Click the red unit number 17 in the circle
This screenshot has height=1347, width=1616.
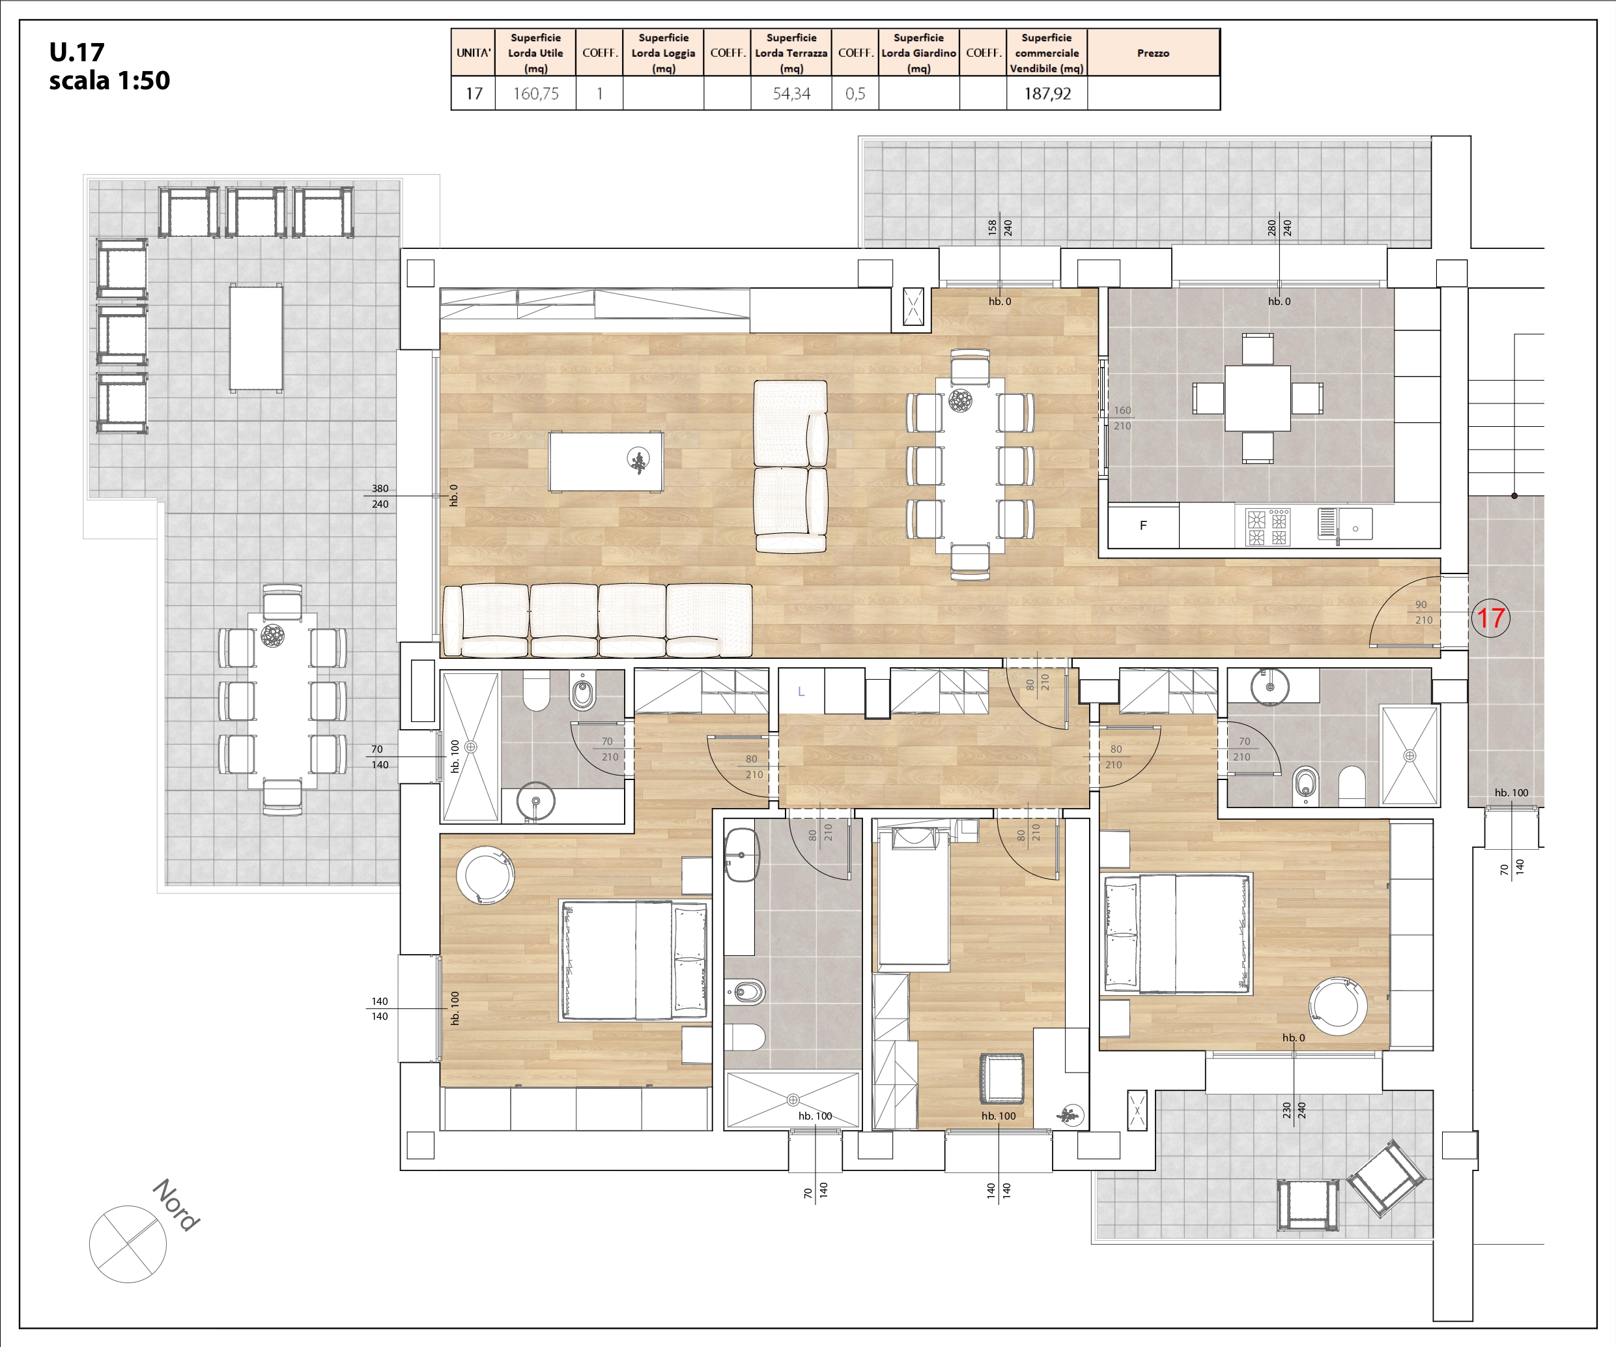(x=1490, y=618)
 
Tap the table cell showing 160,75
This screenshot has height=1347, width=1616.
(x=535, y=93)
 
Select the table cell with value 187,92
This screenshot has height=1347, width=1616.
(x=1047, y=93)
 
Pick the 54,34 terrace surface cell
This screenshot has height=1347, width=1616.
(x=791, y=93)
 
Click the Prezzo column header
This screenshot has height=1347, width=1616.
(x=1153, y=53)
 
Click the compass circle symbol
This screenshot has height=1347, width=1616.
(x=128, y=1244)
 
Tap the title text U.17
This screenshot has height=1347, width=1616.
(x=77, y=52)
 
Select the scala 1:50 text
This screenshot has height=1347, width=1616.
(x=109, y=80)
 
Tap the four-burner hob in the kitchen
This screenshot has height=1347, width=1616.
(x=1268, y=527)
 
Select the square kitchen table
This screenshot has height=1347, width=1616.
(x=1257, y=398)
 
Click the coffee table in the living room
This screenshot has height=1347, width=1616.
(x=606, y=461)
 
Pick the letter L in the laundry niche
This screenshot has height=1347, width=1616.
(x=801, y=691)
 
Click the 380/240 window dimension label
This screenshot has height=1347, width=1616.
(x=380, y=497)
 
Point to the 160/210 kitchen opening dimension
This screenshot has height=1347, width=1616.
(x=1122, y=418)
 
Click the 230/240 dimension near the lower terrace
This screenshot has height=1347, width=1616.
(x=1294, y=1110)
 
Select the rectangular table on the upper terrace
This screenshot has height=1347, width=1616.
(x=256, y=338)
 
